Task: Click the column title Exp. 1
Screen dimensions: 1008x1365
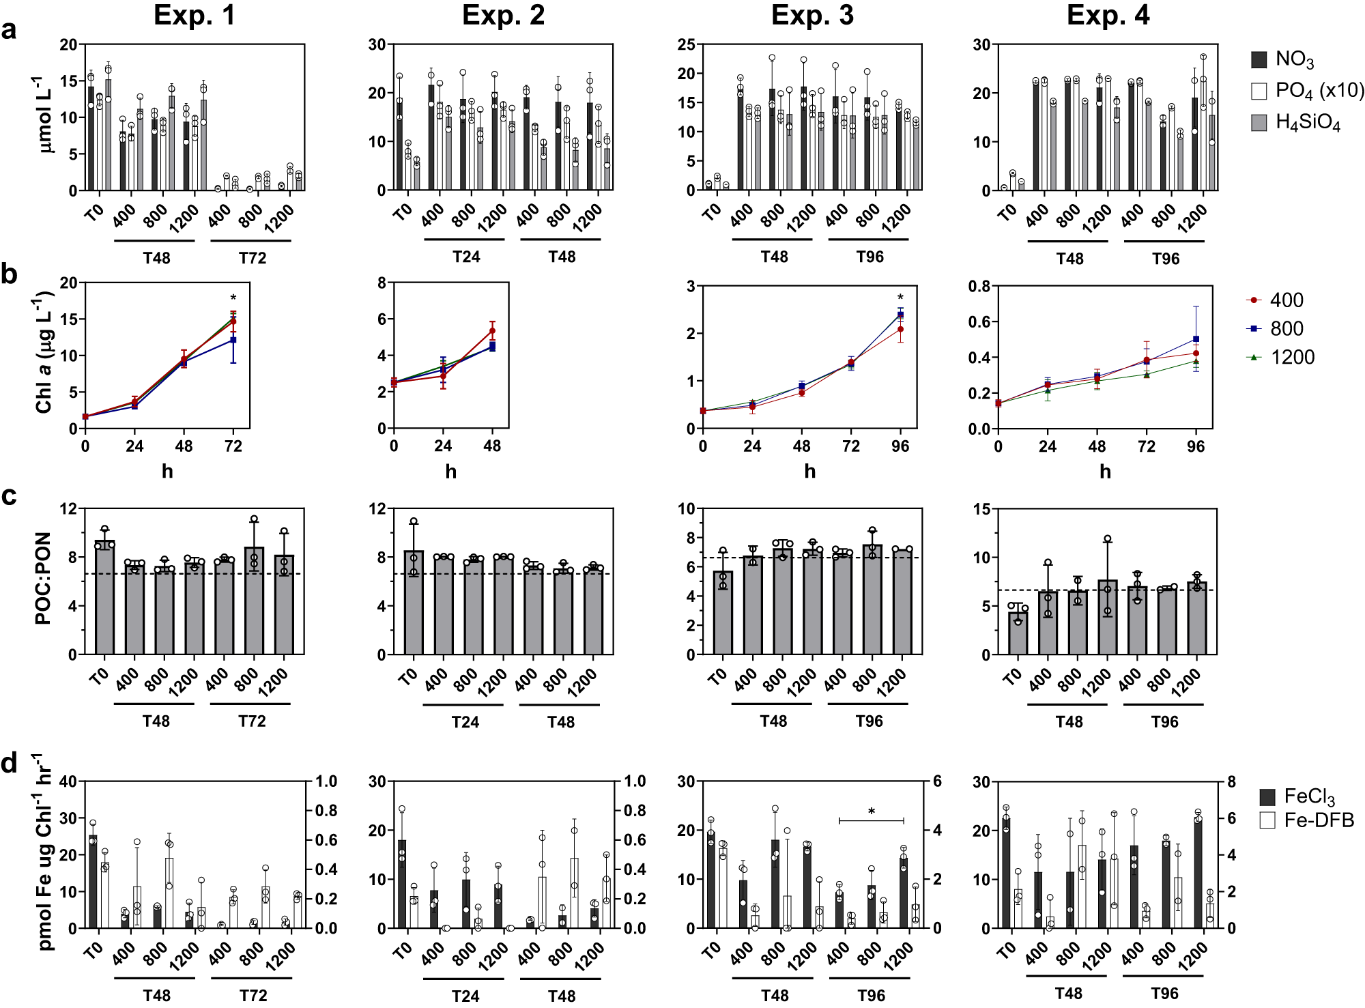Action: [195, 15]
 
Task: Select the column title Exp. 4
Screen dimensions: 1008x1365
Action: [1108, 15]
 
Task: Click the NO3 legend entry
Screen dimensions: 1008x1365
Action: [1294, 59]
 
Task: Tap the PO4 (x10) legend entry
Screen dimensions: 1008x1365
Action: [1319, 91]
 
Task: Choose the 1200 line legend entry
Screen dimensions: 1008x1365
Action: [1291, 357]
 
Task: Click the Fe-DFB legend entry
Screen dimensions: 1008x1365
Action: [1318, 820]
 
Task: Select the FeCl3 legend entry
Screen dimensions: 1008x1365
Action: [1308, 796]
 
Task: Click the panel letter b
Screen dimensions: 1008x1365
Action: [9, 274]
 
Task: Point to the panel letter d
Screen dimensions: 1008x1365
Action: [9, 763]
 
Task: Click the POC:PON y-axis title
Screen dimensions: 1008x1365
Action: [42, 579]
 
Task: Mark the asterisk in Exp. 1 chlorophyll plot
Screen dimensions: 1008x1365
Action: [233, 298]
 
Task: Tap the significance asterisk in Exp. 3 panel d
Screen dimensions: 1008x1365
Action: [872, 812]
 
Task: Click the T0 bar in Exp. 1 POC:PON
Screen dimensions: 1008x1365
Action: [104, 597]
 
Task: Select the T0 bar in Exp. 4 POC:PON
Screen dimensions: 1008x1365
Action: [1018, 633]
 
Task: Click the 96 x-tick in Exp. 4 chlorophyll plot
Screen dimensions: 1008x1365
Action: [1196, 446]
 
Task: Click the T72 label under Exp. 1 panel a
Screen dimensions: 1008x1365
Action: [252, 258]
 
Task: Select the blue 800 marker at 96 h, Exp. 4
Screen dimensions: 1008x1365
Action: [1196, 339]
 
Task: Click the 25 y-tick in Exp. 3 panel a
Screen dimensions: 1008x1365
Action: [686, 44]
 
